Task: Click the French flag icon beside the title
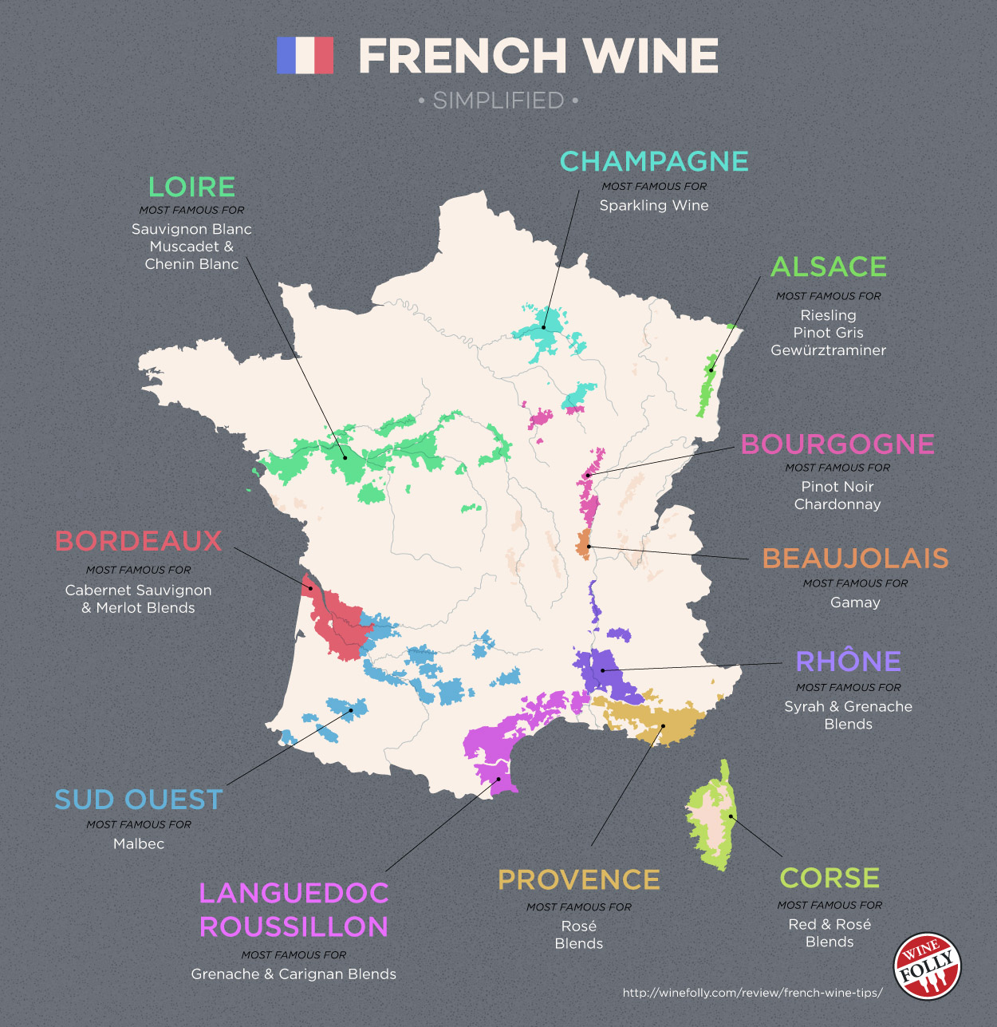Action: coord(305,55)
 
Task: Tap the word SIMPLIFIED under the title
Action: coord(498,101)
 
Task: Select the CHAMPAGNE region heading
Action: coord(654,161)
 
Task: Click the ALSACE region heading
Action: coord(829,267)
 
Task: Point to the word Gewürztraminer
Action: coord(828,350)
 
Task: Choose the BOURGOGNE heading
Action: coord(837,444)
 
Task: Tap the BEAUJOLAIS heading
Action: coord(855,558)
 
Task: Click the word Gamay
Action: coord(855,602)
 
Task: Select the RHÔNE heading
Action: coord(848,661)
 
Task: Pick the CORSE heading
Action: coord(830,878)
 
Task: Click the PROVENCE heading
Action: coord(579,879)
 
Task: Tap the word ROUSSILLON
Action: coord(294,926)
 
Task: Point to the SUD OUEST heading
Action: coord(139,800)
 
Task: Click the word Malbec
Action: coord(139,843)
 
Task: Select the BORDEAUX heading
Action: coord(138,541)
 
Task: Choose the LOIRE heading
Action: coord(191,187)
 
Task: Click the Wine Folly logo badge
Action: coord(928,966)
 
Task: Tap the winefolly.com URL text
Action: coord(752,993)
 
